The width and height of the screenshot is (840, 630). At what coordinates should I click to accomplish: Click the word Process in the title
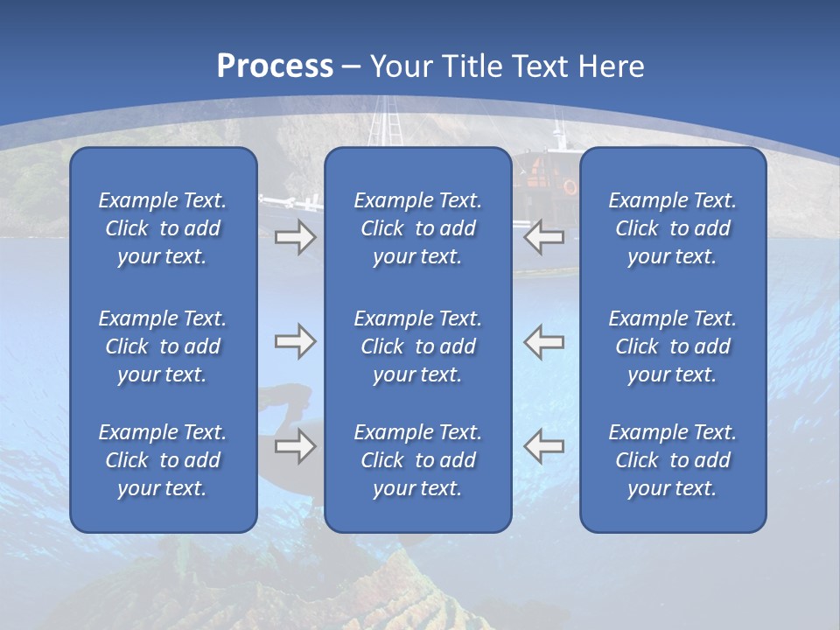[275, 66]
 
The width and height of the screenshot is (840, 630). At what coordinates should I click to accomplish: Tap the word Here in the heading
[611, 66]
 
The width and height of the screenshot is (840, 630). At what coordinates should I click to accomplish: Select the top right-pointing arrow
[295, 237]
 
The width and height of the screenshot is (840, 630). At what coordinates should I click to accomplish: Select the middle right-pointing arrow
[295, 341]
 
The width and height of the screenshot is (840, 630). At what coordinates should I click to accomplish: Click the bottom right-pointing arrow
[295, 446]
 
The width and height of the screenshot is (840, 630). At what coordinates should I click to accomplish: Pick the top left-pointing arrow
[543, 236]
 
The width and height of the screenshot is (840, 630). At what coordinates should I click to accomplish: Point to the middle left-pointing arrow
[543, 341]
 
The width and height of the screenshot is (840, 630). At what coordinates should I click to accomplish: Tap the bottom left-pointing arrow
[543, 446]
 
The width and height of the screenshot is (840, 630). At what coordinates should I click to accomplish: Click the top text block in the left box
[163, 228]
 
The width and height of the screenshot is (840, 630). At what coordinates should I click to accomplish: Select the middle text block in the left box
[163, 346]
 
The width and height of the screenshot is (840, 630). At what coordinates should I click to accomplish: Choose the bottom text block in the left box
[163, 460]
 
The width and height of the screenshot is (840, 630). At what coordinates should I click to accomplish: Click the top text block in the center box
[417, 228]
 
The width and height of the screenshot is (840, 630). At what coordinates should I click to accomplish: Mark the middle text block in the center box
[417, 346]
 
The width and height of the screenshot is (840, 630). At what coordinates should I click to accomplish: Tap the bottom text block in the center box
[417, 460]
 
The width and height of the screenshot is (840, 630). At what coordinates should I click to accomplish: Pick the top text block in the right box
[672, 228]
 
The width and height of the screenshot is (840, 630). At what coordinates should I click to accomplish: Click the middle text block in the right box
[672, 346]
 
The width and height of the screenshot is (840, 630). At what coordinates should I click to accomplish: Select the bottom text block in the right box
[672, 460]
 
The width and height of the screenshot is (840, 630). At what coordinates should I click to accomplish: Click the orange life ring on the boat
[570, 186]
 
